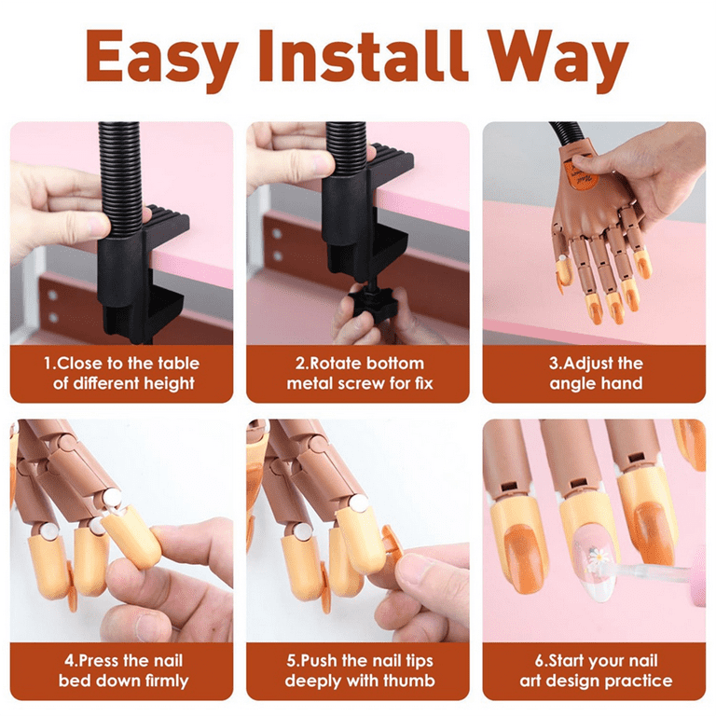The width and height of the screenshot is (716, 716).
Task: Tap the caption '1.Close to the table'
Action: [121, 364]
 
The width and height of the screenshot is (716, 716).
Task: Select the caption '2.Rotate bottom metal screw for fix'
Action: [359, 373]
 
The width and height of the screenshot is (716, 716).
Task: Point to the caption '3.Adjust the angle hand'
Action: [595, 373]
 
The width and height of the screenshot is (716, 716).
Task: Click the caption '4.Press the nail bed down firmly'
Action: [121, 670]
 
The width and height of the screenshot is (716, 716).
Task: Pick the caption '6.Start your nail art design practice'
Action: [595, 670]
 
